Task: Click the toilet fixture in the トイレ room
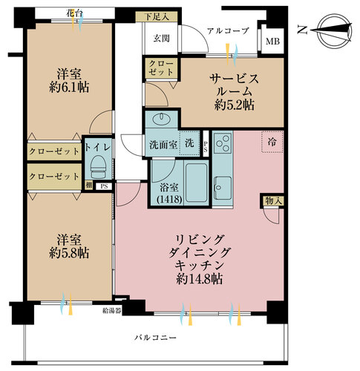[x=98, y=167]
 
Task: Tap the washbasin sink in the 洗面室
[x=161, y=119]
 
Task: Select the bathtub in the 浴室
[x=197, y=183]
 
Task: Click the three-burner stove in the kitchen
[x=223, y=143]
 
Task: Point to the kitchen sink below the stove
[x=223, y=188]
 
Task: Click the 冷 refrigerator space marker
[x=272, y=142]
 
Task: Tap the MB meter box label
[x=272, y=42]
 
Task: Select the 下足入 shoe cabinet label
[x=157, y=17]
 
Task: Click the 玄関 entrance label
[x=161, y=39]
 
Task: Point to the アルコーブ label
[x=228, y=31]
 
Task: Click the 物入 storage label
[x=273, y=201]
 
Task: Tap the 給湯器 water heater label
[x=112, y=311]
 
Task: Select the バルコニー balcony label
[x=156, y=338]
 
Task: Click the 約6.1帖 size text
[x=69, y=88]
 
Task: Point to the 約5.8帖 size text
[x=69, y=253]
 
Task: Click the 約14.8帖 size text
[x=200, y=279]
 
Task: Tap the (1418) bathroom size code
[x=170, y=199]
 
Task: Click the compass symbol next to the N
[x=334, y=31]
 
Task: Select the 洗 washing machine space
[x=189, y=143]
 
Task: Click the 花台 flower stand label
[x=74, y=13]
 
